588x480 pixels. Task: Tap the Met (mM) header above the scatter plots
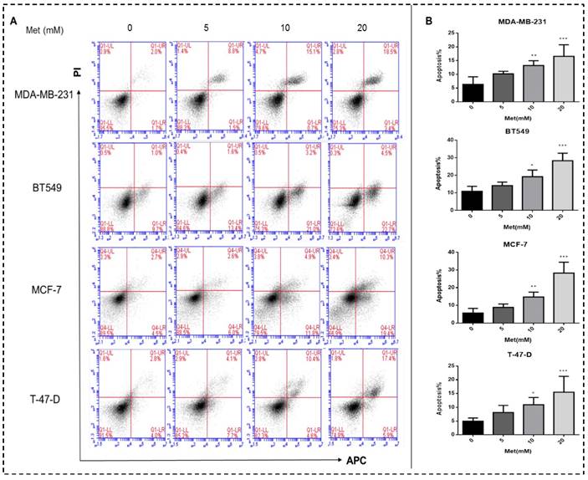click(x=52, y=31)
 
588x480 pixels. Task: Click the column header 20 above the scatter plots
click(x=350, y=30)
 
